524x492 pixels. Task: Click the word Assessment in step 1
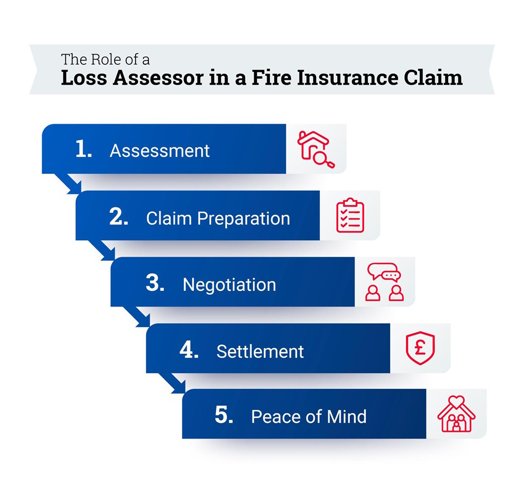coord(159,151)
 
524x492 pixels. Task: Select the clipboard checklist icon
coord(350,216)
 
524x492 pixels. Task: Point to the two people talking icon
coord(385,282)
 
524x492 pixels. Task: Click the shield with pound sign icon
coord(420,348)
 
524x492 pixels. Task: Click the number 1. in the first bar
coord(84,150)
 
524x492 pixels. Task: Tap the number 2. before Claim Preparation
coord(119,217)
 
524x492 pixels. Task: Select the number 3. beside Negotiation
coord(154,284)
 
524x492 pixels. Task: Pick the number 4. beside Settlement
coord(189,350)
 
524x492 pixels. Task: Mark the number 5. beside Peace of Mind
coord(224,416)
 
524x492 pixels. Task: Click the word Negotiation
coord(229,285)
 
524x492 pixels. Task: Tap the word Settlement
coord(260,352)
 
